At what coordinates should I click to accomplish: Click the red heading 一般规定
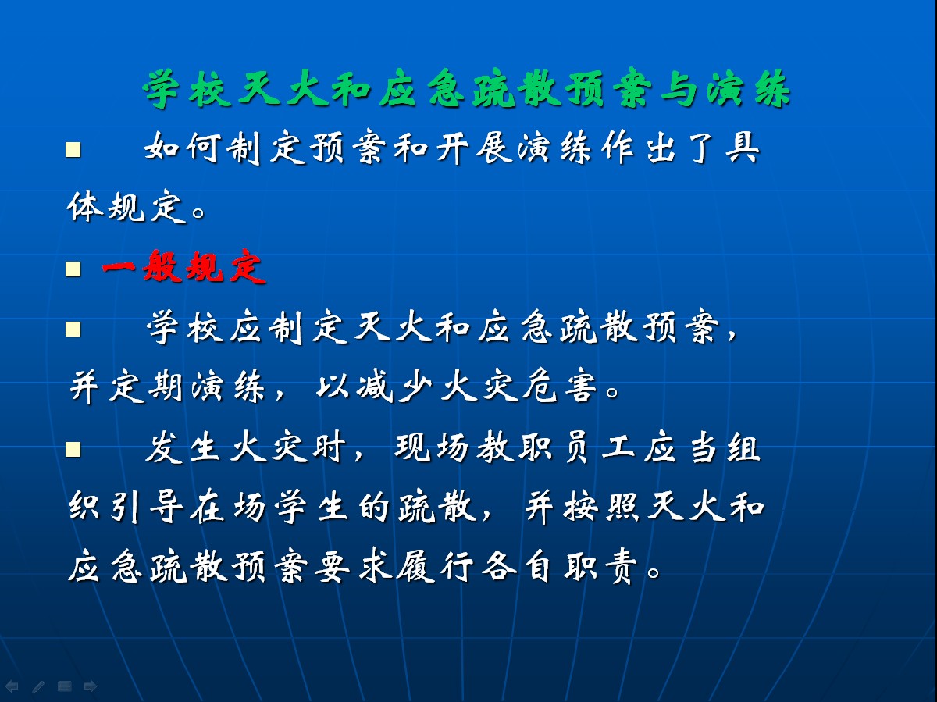pos(184,268)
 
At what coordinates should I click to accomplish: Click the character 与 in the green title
pos(679,90)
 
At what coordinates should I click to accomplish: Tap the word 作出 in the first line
pos(640,148)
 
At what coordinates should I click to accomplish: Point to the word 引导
pos(146,508)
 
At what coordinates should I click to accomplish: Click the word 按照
pos(602,508)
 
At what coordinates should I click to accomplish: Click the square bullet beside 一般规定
pos(73,269)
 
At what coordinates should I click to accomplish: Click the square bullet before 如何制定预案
pos(73,150)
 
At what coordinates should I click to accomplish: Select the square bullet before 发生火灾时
pos(73,449)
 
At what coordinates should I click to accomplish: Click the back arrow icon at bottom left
pos(12,686)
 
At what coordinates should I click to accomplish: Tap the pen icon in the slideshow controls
pos(38,686)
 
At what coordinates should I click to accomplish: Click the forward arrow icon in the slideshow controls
pos(91,686)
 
